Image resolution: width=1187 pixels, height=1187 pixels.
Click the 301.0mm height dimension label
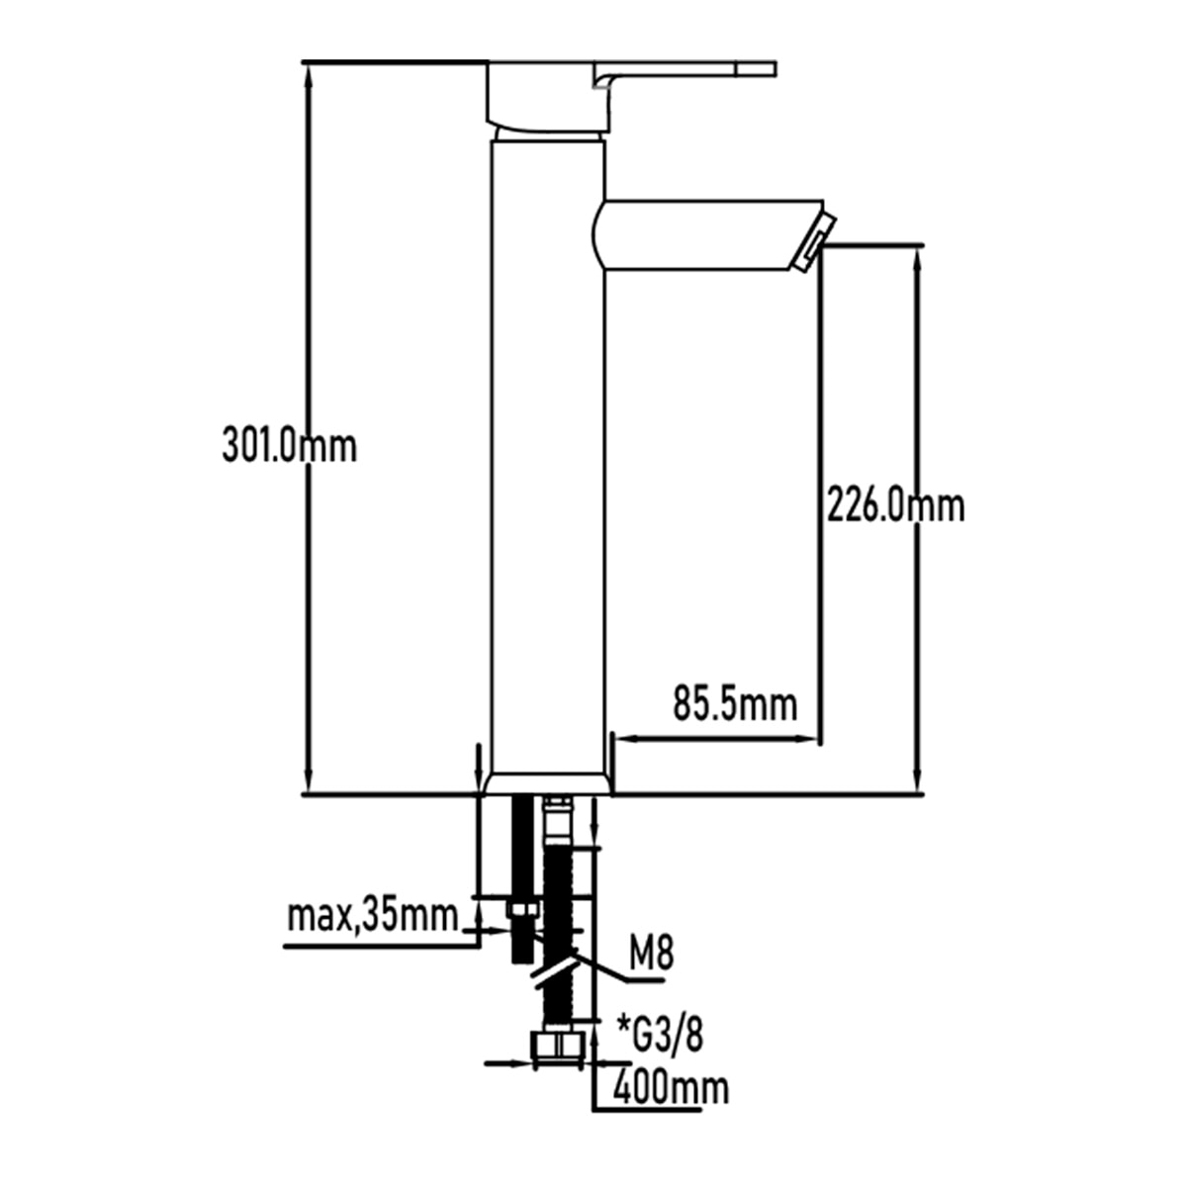pos(289,446)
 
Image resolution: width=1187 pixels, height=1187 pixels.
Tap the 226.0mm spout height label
pos(895,505)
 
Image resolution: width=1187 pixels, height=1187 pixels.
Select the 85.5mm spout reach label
pos(735,704)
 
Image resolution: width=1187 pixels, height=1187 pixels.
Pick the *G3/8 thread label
pos(660,1036)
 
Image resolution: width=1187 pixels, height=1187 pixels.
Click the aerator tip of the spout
pos(814,241)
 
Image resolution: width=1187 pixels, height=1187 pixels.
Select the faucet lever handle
pos(684,75)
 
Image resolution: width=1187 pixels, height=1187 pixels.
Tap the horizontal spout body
pos(705,234)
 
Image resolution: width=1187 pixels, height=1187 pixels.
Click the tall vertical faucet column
pos(548,456)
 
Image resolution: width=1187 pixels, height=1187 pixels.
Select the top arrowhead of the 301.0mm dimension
pos(308,72)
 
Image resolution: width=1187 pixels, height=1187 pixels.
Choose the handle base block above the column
pos(548,99)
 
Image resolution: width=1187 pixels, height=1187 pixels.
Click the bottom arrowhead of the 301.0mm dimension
pos(308,782)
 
